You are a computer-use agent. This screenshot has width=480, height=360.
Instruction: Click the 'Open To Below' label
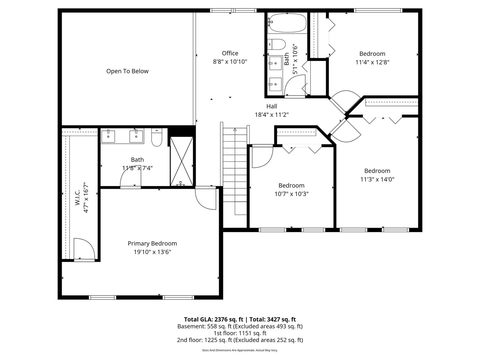(127, 71)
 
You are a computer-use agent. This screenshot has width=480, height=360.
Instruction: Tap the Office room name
(230, 53)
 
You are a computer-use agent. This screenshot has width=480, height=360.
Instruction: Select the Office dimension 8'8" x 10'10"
(230, 62)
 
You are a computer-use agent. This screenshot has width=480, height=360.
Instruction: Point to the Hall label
(272, 106)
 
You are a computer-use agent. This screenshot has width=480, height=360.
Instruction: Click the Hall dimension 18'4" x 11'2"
(272, 115)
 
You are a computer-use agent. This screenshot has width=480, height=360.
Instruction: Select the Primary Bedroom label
(152, 244)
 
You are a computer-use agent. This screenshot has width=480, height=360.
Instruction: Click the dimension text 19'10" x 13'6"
(152, 252)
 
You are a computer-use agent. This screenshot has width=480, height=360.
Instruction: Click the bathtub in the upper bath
(287, 23)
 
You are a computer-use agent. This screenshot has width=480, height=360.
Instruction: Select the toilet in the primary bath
(156, 138)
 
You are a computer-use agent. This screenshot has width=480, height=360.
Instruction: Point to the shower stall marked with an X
(182, 161)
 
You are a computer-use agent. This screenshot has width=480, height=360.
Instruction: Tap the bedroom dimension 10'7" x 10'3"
(291, 194)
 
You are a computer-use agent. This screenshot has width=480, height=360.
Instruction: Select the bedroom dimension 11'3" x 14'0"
(377, 179)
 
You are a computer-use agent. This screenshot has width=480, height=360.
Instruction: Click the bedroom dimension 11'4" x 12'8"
(372, 62)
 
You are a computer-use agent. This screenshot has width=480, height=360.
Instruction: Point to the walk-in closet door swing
(83, 249)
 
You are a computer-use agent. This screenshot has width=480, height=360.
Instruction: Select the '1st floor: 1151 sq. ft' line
(240, 333)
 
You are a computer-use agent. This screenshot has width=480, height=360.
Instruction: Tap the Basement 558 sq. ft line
(240, 326)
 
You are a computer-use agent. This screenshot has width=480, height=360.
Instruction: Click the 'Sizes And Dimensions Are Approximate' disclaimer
(240, 350)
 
